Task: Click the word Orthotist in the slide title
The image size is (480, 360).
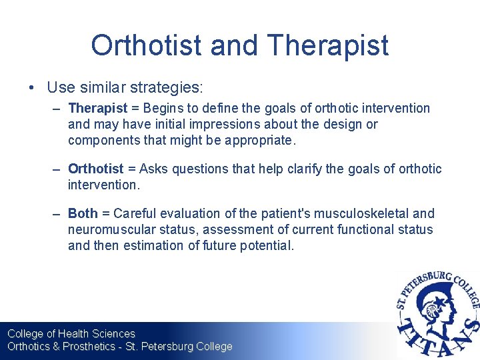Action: [x=146, y=45]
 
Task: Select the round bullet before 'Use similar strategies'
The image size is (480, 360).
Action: [x=32, y=87]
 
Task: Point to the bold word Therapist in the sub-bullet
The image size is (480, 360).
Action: [x=97, y=108]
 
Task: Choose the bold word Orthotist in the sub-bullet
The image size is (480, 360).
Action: [x=95, y=169]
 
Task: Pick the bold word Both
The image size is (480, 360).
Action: [x=83, y=214]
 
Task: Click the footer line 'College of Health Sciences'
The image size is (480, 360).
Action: [x=71, y=333]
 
